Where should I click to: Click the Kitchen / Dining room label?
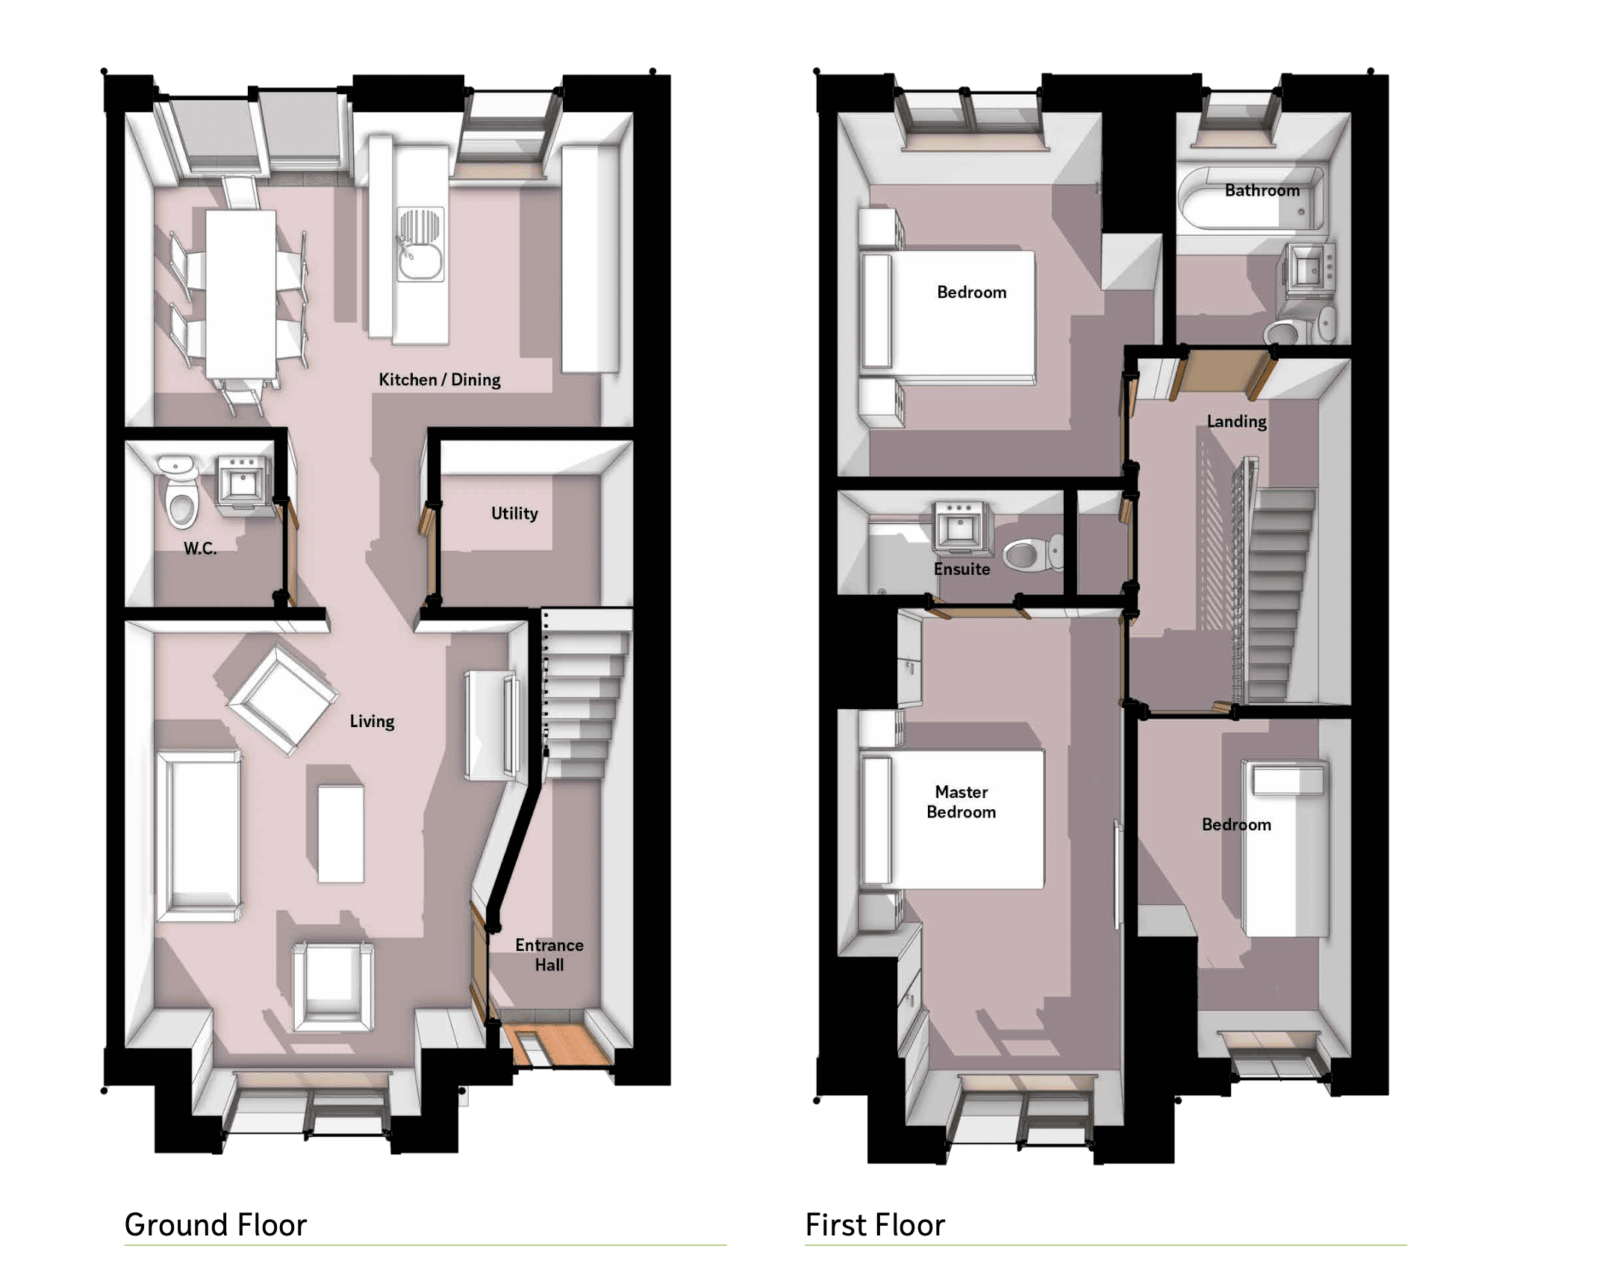pos(439,379)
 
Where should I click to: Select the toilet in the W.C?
pos(181,492)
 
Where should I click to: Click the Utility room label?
pos(514,514)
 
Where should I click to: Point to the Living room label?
pos(372,721)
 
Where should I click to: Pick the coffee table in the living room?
pos(341,833)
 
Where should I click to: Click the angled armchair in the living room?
pos(282,699)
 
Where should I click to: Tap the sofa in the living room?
pos(198,835)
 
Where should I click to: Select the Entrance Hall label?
pos(549,955)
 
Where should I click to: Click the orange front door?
pos(557,1044)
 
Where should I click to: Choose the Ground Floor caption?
pos(216,1225)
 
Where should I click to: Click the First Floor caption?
pos(875,1225)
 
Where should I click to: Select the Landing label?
pos(1237,422)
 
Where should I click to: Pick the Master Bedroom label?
pos(961,802)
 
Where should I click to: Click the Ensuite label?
pos(961,569)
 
